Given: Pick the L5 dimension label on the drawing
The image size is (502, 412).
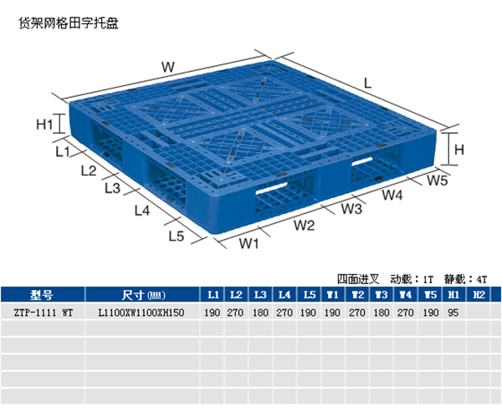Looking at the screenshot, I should click(x=176, y=235).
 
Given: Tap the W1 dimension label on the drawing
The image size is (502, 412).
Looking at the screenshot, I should click(x=249, y=244).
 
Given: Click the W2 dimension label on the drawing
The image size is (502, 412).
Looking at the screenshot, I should click(x=304, y=225).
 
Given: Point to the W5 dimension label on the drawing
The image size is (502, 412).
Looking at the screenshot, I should click(x=438, y=180).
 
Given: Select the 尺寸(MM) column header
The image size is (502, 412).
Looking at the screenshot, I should click(x=143, y=294).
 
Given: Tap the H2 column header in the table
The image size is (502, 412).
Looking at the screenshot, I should click(x=479, y=294).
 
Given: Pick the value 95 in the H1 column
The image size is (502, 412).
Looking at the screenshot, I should click(x=454, y=313).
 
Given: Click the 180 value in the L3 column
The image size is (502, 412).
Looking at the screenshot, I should click(x=260, y=313).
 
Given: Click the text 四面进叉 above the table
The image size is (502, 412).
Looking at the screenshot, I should click(x=359, y=278).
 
